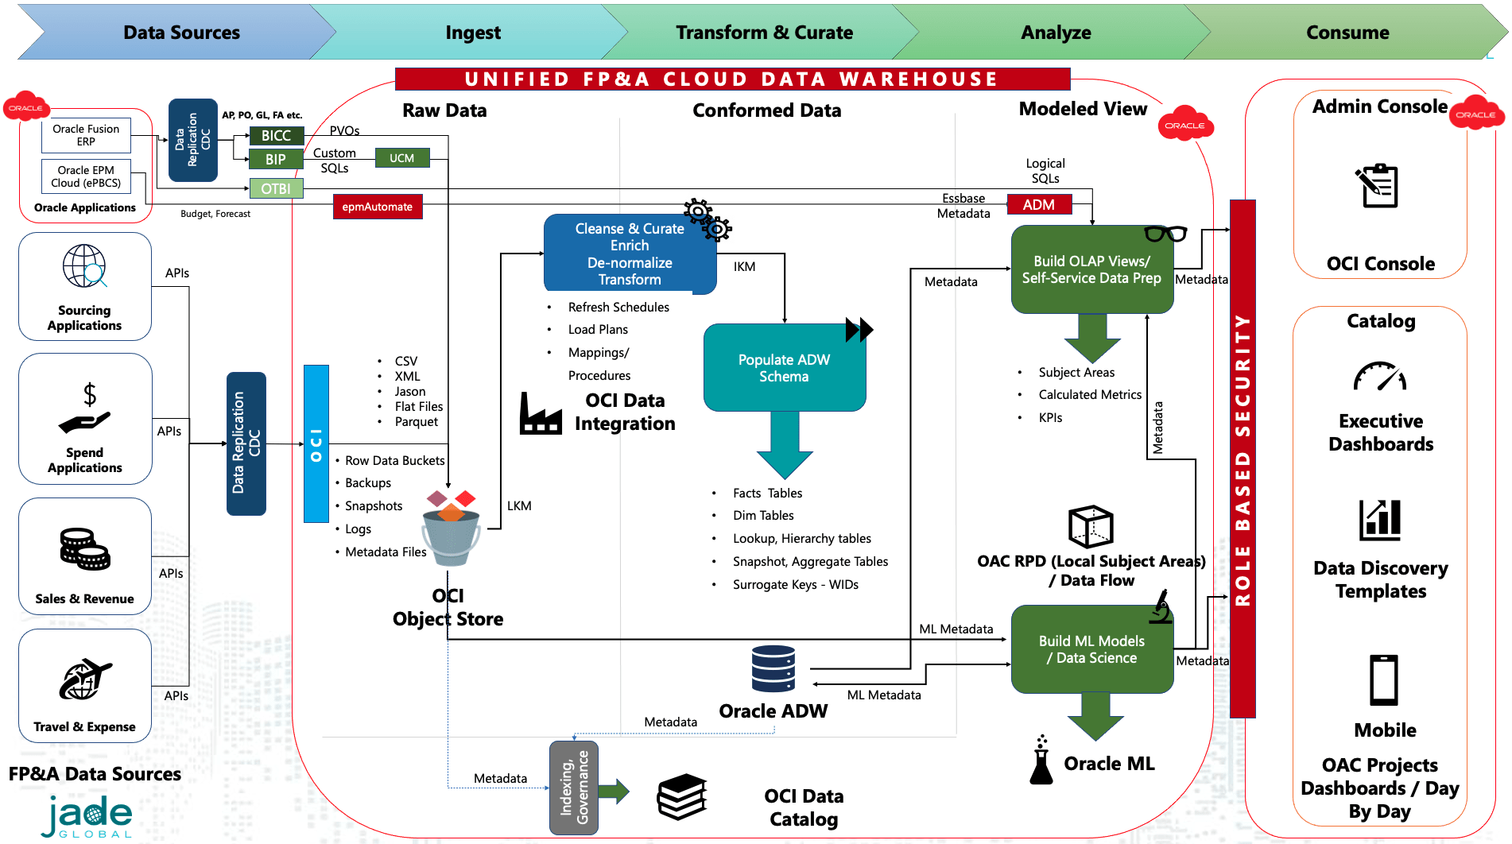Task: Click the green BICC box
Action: point(276,136)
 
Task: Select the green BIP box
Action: point(276,159)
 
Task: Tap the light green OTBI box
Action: point(276,188)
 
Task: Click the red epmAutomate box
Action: point(378,207)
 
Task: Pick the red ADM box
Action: point(1039,204)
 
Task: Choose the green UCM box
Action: point(401,158)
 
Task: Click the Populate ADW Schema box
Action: point(784,368)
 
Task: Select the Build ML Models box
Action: point(1091,649)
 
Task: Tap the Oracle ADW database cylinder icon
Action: point(773,668)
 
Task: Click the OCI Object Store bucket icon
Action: point(451,528)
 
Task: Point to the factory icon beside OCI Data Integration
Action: point(541,413)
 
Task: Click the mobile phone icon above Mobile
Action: point(1383,680)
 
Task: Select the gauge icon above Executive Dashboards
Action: point(1380,377)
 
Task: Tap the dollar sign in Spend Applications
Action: point(90,394)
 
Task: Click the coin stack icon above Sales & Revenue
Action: point(84,549)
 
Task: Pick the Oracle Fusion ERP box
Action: point(86,135)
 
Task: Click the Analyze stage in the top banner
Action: point(1056,33)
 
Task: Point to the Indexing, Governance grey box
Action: point(574,787)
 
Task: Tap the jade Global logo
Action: point(87,816)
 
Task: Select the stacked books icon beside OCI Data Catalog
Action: point(681,796)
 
